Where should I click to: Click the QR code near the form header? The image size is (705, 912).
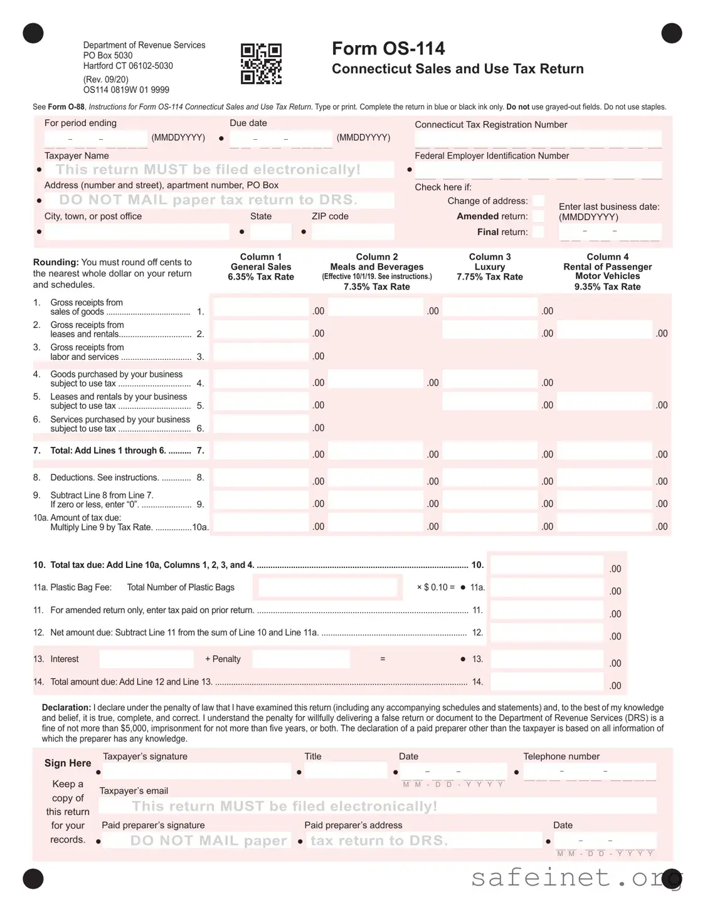261,64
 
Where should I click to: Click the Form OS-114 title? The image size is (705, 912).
388,48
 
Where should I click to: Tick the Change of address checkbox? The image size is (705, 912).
538,201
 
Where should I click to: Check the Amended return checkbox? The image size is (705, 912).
538,216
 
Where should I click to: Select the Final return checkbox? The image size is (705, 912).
538,232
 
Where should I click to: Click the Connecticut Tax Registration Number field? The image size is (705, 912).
538,139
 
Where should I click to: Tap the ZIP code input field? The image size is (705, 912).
352,232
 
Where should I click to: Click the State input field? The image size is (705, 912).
270,232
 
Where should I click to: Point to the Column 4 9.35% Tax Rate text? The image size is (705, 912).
607,286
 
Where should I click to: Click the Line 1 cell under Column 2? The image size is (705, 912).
376,308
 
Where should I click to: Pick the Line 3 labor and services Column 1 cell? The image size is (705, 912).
261,353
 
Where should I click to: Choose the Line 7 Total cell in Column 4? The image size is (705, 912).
605,451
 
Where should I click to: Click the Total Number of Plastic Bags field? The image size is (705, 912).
327,587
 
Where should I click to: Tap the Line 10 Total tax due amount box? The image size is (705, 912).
546,565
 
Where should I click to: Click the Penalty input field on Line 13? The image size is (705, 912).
300,659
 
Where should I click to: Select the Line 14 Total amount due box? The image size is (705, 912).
546,682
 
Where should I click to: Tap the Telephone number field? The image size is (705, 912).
590,771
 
